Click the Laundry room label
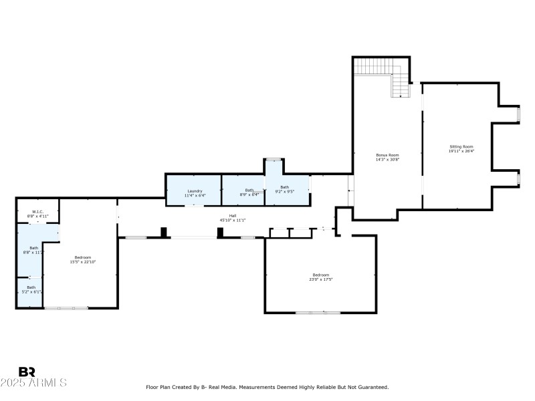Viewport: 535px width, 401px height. tap(195, 190)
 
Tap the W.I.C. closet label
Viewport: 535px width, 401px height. tap(38, 212)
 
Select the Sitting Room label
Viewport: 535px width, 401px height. tap(461, 146)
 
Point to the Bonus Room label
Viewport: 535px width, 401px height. tap(387, 155)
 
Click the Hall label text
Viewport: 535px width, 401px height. tap(233, 215)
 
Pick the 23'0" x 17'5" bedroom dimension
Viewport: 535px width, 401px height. tap(320, 279)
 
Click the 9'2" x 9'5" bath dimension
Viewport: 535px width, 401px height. tap(285, 192)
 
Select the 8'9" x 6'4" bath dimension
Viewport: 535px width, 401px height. tap(249, 194)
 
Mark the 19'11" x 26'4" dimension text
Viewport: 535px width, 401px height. tap(461, 151)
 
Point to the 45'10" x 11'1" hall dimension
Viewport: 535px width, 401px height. tap(233, 220)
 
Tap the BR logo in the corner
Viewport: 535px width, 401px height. tap(27, 372)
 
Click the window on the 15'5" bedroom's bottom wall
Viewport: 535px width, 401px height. tap(66, 308)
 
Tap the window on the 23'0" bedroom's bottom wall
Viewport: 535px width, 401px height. tap(318, 313)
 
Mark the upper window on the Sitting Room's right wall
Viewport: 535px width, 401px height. tap(519, 114)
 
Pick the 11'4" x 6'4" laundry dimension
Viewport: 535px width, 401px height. tap(195, 195)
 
